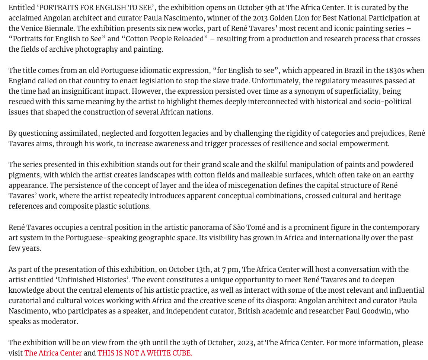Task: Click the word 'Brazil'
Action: click(x=354, y=71)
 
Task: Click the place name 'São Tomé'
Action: click(x=249, y=228)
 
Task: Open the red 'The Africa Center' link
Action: click(x=53, y=353)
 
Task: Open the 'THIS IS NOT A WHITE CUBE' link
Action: click(x=145, y=353)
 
